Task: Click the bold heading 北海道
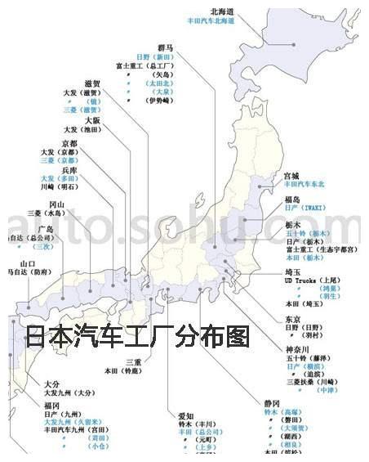pos(222,11)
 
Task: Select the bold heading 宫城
pos(291,176)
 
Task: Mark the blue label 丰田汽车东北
pos(304,185)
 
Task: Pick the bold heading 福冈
pos(52,406)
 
